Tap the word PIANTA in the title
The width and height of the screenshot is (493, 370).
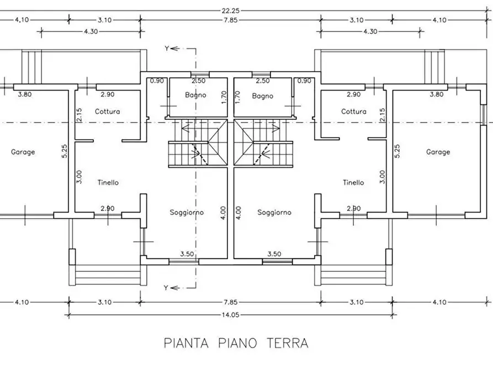pyautogui.click(x=186, y=343)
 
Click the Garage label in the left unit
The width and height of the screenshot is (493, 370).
pyautogui.click(x=23, y=152)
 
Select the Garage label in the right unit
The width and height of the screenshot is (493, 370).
pyautogui.click(x=438, y=152)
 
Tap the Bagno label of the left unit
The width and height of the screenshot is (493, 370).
pyautogui.click(x=195, y=95)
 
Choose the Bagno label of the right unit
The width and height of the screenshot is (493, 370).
pyautogui.click(x=263, y=96)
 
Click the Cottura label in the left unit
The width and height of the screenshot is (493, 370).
pyautogui.click(x=107, y=111)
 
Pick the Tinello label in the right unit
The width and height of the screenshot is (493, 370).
pyautogui.click(x=353, y=182)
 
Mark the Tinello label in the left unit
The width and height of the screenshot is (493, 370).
pyautogui.click(x=108, y=182)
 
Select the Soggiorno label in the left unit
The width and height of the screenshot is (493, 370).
pyautogui.click(x=187, y=213)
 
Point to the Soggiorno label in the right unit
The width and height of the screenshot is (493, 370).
pyautogui.click(x=274, y=213)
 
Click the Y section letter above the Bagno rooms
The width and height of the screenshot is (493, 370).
pyautogui.click(x=166, y=49)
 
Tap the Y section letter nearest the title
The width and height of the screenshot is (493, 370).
pyautogui.click(x=166, y=287)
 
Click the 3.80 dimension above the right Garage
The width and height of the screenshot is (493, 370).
pyautogui.click(x=436, y=94)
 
